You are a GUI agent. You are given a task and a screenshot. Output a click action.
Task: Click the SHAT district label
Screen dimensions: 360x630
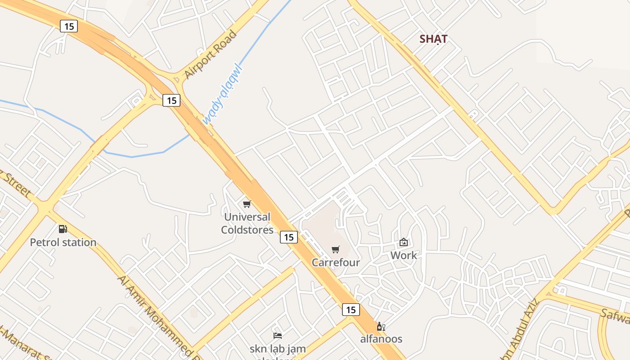pyautogui.click(x=433, y=39)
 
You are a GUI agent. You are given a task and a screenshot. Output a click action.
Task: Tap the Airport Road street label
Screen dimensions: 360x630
pyautogui.click(x=210, y=54)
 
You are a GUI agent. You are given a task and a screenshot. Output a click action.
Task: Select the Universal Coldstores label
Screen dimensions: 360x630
pyautogui.click(x=247, y=223)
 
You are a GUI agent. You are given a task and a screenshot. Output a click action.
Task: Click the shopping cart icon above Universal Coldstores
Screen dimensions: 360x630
pyautogui.click(x=247, y=204)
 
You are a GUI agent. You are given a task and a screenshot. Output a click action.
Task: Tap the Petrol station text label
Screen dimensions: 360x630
pyautogui.click(x=63, y=243)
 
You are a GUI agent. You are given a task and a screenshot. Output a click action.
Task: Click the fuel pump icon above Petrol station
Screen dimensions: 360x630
pyautogui.click(x=63, y=229)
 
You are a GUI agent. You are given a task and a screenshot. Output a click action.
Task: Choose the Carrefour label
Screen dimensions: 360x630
pyautogui.click(x=336, y=262)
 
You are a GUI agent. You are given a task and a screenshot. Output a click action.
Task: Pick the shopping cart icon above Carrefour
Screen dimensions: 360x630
pyautogui.click(x=335, y=249)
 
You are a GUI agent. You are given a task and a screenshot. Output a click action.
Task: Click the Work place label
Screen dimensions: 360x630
pyautogui.click(x=404, y=256)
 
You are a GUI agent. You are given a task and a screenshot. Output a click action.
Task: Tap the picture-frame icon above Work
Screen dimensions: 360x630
pyautogui.click(x=404, y=243)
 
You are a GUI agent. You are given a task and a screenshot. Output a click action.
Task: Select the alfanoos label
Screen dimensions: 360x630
pyautogui.click(x=381, y=339)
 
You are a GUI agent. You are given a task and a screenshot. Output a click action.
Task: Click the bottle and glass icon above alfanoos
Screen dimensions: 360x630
pyautogui.click(x=381, y=326)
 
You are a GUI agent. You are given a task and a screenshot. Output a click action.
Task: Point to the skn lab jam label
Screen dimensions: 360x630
pyautogui.click(x=278, y=349)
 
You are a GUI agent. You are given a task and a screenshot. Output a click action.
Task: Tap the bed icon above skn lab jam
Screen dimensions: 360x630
pyautogui.click(x=278, y=335)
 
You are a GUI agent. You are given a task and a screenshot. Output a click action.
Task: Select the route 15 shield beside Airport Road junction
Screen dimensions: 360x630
pyautogui.click(x=171, y=100)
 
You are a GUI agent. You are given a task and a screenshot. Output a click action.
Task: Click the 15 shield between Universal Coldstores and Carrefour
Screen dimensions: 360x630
pyautogui.click(x=289, y=237)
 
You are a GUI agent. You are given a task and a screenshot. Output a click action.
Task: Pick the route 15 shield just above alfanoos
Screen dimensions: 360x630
pyautogui.click(x=351, y=310)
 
